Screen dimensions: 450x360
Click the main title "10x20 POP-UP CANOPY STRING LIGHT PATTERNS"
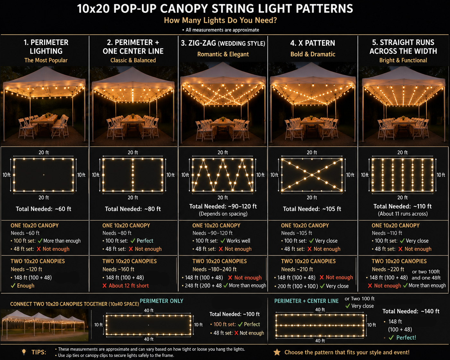pyautogui.click(x=215, y=9)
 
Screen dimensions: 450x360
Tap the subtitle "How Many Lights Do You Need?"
pyautogui.click(x=221, y=20)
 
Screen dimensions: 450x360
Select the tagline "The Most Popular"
pyautogui.click(x=46, y=60)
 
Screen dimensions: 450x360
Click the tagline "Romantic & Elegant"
pyautogui.click(x=223, y=54)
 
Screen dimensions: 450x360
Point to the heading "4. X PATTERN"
pyautogui.click(x=312, y=43)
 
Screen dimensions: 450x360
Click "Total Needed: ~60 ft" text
pyautogui.click(x=44, y=209)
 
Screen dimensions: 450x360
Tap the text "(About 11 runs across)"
pyautogui.click(x=403, y=214)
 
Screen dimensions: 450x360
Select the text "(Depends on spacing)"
pyautogui.click(x=223, y=214)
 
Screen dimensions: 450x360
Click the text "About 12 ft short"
pyautogui.click(x=129, y=286)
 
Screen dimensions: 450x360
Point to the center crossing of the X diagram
pyautogui.click(x=312, y=175)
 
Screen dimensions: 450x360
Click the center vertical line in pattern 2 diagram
pyautogui.click(x=133, y=175)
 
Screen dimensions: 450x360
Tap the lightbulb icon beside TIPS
pyautogui.click(x=24, y=352)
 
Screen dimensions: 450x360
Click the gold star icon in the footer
pyautogui.click(x=277, y=352)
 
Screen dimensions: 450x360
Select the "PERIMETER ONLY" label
pyautogui.click(x=161, y=301)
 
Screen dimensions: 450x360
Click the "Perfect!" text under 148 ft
pyautogui.click(x=406, y=338)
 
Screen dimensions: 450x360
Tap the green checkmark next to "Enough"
pyautogui.click(x=13, y=286)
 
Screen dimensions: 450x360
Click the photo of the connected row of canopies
pyautogui.click(x=44, y=325)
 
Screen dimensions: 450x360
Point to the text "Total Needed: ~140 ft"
pyautogui.click(x=411, y=311)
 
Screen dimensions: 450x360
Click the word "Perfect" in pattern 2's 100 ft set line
pyautogui.click(x=145, y=241)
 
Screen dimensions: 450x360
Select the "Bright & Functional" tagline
pyautogui.click(x=403, y=60)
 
